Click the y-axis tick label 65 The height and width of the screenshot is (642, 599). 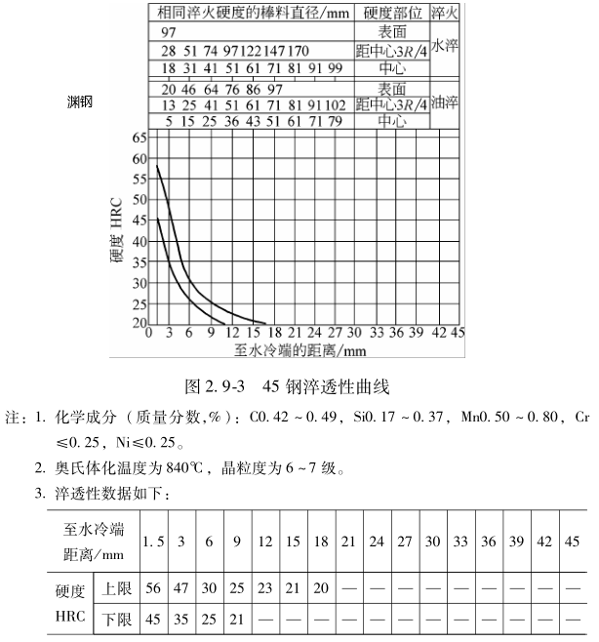tap(137, 139)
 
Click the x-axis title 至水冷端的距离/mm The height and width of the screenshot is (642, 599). tap(299, 347)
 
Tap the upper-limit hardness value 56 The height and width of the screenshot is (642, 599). tap(152, 590)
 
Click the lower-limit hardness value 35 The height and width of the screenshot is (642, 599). tap(181, 620)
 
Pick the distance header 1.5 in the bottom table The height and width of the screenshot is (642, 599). tap(152, 541)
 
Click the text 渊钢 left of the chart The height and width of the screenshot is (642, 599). tap(80, 101)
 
